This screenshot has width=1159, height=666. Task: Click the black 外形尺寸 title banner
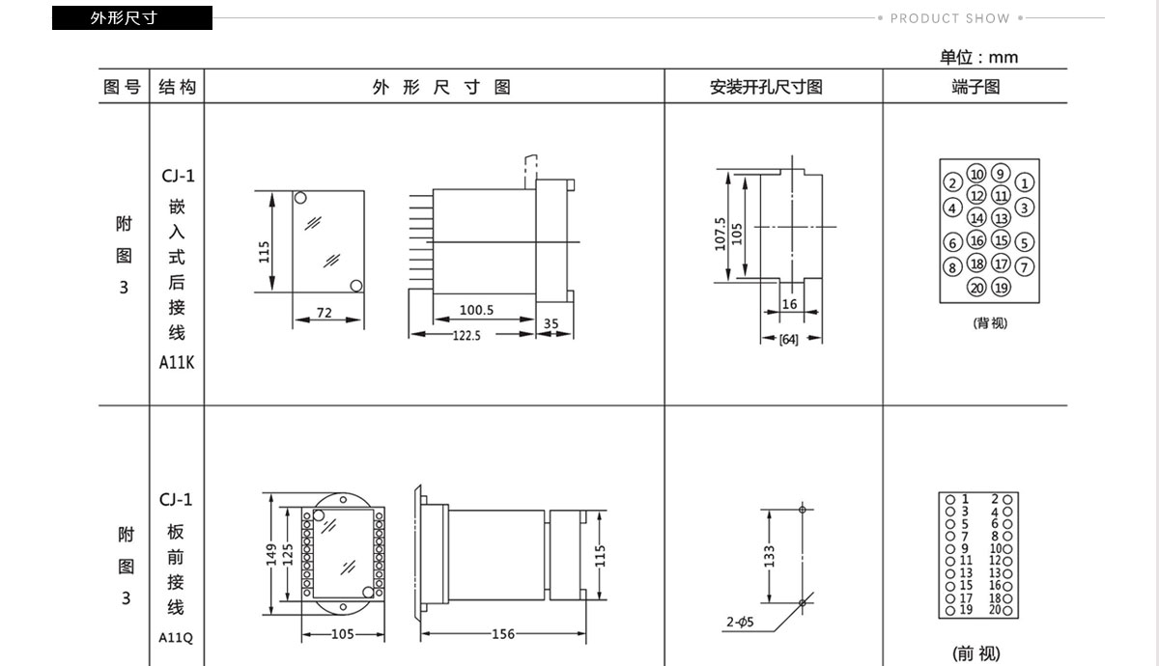point(132,17)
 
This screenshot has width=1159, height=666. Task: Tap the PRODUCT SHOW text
point(950,18)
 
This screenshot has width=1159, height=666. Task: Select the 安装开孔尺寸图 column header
point(766,87)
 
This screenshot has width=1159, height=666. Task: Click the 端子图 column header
point(975,87)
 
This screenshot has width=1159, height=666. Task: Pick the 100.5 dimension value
point(476,310)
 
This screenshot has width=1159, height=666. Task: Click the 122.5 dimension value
point(466,336)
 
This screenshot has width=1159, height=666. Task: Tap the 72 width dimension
point(325,313)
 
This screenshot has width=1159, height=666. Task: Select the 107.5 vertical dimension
point(720,235)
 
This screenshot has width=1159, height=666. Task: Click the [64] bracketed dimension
point(788,340)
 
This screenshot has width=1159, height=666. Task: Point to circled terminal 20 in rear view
point(976,288)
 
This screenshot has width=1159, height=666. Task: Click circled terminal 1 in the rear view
point(1025,182)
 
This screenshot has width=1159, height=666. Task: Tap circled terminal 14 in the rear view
point(976,218)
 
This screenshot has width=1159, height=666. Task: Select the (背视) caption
point(990,323)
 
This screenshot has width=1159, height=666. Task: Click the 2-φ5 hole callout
point(740,622)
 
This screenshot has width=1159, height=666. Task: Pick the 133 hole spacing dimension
point(770,556)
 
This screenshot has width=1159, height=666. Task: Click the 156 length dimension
point(503,634)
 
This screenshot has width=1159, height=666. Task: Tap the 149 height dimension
point(271,555)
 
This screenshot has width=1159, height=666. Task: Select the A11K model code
point(177,363)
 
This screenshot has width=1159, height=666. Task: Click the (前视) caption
point(976,653)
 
